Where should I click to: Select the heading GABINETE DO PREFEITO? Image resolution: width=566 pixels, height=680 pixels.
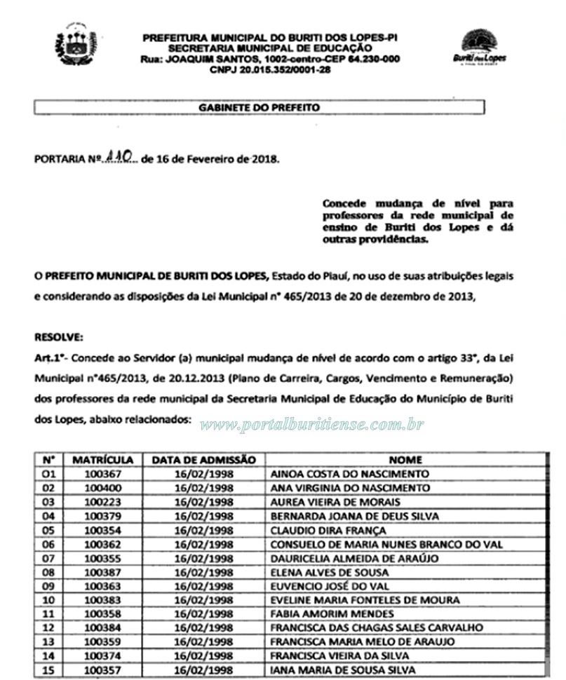pyautogui.click(x=259, y=108)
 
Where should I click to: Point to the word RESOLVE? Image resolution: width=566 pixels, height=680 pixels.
pyautogui.click(x=58, y=336)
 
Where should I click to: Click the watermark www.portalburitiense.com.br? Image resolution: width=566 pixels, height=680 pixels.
pyautogui.click(x=312, y=425)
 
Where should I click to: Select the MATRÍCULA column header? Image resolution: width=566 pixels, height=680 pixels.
pyautogui.click(x=102, y=460)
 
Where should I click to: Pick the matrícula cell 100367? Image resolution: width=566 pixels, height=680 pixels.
pyautogui.click(x=102, y=474)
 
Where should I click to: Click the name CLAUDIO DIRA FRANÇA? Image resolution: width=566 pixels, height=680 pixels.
pyautogui.click(x=328, y=531)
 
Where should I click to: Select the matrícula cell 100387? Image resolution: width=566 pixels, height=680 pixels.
pyautogui.click(x=102, y=573)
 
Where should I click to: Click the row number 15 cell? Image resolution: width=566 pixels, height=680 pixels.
pyautogui.click(x=48, y=670)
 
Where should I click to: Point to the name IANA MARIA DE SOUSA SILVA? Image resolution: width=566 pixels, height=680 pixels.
pyautogui.click(x=343, y=670)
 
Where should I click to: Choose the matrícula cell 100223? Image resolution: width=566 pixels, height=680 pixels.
pyautogui.click(x=102, y=502)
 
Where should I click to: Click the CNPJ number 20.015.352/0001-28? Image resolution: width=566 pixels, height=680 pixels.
pyautogui.click(x=270, y=69)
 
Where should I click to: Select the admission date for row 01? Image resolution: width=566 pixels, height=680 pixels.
pyautogui.click(x=203, y=474)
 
